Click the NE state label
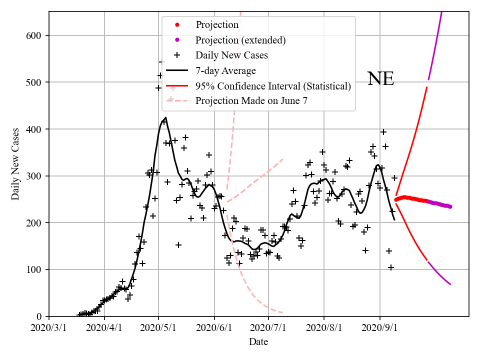pos(380,79)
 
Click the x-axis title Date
pos(258,342)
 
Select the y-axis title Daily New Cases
pos(15,164)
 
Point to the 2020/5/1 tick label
pos(159,328)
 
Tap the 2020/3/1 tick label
pos(49,328)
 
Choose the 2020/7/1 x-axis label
pos(269,328)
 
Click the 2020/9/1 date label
pos(380,328)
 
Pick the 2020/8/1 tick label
pos(324,328)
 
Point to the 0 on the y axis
pos(40,316)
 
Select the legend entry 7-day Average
pos(225,70)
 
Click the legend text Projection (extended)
pos(240,40)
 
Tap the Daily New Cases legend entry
pos(231,55)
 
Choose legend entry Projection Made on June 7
pos(251,100)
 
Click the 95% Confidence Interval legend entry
pos(273,85)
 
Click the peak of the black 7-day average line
pos(165,118)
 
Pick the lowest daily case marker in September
pos(391,267)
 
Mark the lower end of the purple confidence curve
pos(450,284)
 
